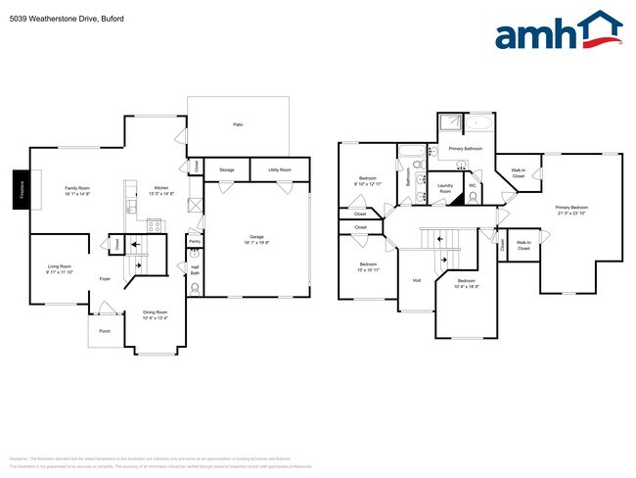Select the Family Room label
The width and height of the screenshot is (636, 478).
click(x=77, y=190)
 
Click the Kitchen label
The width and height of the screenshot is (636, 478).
click(x=160, y=190)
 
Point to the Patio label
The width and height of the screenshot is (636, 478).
click(x=237, y=124)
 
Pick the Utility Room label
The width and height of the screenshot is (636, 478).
click(x=279, y=169)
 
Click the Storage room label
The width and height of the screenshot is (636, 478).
click(x=226, y=169)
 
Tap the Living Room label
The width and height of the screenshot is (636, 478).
click(x=61, y=267)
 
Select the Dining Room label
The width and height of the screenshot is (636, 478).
click(x=155, y=314)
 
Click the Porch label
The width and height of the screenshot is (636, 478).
click(x=105, y=331)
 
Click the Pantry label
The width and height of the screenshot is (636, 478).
click(x=194, y=240)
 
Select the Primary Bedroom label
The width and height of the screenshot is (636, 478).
click(x=571, y=209)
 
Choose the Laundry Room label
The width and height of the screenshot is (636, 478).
click(x=445, y=187)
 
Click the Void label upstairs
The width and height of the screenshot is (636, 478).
click(x=416, y=280)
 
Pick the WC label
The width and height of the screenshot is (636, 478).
click(x=472, y=184)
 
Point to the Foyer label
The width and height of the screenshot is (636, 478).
click(x=105, y=279)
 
